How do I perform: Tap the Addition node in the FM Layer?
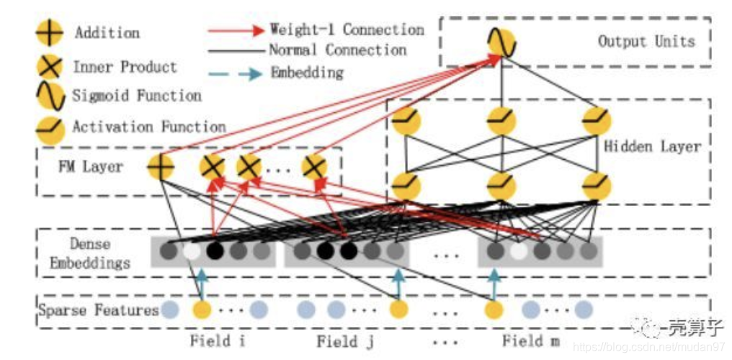pos(161,168)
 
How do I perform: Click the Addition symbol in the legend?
pos(50,34)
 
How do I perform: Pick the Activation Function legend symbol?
pos(50,128)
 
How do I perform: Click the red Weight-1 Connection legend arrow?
pos(234,31)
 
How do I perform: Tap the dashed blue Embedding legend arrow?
pos(234,73)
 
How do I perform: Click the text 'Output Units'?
pos(646,41)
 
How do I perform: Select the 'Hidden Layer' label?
pos(651,147)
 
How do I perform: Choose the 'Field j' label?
pos(345,341)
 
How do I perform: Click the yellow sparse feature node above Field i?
pos(202,310)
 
